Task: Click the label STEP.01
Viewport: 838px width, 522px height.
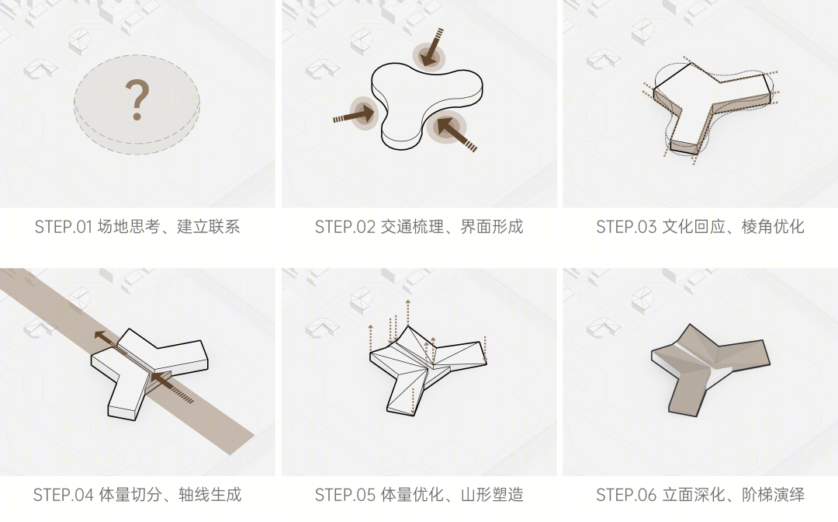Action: [64, 227]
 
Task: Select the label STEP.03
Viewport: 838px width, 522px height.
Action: [626, 227]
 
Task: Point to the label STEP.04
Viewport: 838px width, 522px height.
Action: [64, 495]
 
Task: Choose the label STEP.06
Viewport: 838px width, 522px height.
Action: [626, 495]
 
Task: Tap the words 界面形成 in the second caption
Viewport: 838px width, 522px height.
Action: [492, 227]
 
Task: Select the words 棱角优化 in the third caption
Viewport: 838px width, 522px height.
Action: [773, 227]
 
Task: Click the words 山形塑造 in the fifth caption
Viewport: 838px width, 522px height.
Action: [492, 495]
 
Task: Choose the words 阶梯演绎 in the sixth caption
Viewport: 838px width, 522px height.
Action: [773, 495]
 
